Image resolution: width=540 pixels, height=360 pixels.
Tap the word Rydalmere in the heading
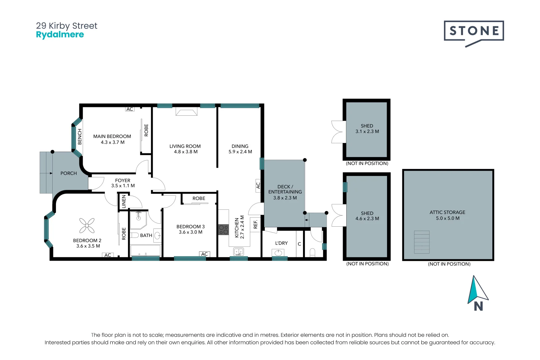[x=60, y=35]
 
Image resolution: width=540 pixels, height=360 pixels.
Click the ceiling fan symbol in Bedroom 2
[x=87, y=226]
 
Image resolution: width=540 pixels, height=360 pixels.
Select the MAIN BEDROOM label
[x=112, y=136]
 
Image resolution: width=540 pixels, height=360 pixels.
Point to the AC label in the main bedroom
[x=130, y=109]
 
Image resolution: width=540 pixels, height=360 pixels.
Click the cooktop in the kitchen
[x=223, y=229]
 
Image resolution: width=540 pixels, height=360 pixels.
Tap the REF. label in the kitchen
[x=256, y=224]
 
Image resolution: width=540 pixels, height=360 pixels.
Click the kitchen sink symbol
[x=238, y=251]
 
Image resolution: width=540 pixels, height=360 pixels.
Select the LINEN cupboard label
[x=124, y=202]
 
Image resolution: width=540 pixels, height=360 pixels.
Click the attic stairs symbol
[x=422, y=242]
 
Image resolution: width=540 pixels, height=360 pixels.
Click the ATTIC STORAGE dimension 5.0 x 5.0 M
[x=448, y=218]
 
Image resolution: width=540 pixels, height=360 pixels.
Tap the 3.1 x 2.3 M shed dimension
[x=367, y=131]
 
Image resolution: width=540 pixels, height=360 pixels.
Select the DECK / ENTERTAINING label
[x=285, y=189]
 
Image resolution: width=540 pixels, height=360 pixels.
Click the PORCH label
[x=69, y=173]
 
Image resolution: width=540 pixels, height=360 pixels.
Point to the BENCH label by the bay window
[x=80, y=137]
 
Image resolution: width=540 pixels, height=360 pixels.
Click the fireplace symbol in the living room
[x=186, y=112]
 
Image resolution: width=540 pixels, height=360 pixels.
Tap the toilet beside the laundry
[x=312, y=252]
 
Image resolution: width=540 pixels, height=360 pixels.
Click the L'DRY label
[x=281, y=243]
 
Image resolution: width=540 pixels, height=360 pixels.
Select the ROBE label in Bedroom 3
[x=199, y=198]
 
